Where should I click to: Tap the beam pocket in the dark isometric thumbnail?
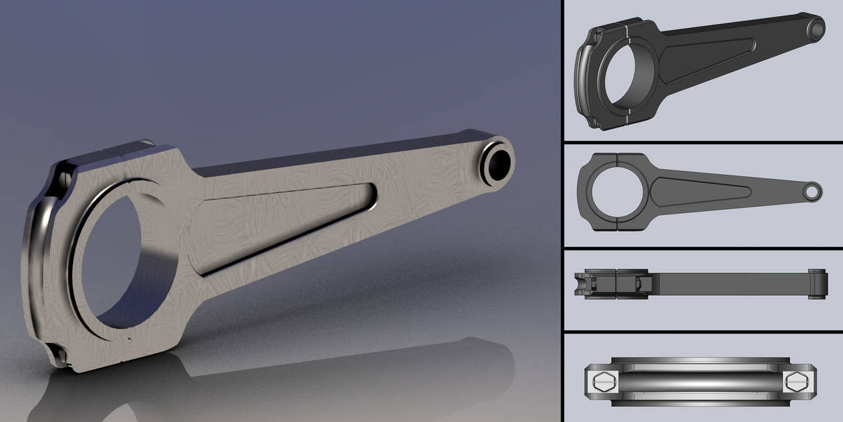pos(707,60)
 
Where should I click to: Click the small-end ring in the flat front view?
pos(812,191)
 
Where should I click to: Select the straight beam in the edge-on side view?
pos(727,284)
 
